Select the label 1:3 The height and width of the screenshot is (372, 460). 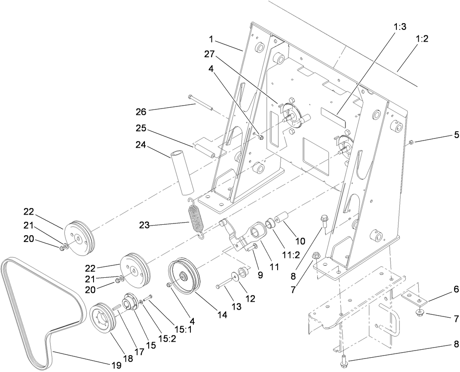tap(400, 27)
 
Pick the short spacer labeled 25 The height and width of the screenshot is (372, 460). tap(204, 151)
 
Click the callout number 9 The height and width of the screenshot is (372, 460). tap(260, 275)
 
